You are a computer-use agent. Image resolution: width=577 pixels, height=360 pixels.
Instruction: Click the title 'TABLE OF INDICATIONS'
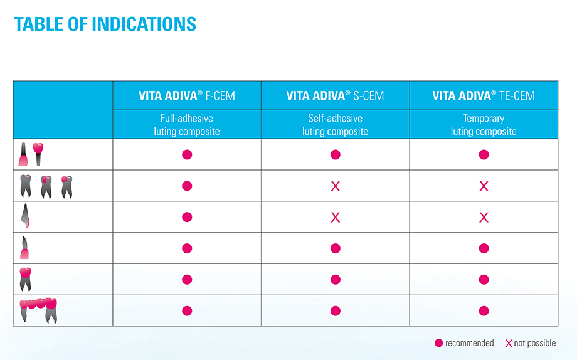[x=105, y=24]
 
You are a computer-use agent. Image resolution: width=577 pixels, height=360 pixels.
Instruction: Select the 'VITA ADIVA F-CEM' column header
[x=187, y=96]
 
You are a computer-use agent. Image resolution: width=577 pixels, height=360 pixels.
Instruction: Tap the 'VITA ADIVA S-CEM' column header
[x=335, y=96]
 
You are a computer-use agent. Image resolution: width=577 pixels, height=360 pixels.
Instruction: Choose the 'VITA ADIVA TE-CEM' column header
[x=484, y=96]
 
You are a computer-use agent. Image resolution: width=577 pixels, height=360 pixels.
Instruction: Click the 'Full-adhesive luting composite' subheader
[x=187, y=125]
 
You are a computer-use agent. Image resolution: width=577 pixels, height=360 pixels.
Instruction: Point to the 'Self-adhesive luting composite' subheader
[x=335, y=125]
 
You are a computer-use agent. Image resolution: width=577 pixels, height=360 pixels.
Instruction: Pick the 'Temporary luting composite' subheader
[x=484, y=125]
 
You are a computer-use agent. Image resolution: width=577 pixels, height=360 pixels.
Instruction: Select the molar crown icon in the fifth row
[x=26, y=279]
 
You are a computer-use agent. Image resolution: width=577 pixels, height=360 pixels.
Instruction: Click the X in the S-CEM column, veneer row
[x=335, y=217]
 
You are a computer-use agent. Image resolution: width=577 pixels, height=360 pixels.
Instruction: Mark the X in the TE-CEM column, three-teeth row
[x=484, y=186]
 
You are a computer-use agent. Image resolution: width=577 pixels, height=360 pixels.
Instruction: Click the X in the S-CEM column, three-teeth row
[x=335, y=186]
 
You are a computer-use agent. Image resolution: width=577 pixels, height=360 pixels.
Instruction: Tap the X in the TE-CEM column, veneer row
[x=484, y=217]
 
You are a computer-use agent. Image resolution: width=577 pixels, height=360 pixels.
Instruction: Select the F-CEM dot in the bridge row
[x=187, y=310]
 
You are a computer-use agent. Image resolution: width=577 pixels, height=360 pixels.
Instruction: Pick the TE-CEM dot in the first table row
[x=484, y=154]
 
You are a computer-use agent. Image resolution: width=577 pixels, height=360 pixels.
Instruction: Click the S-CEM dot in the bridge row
[x=335, y=310]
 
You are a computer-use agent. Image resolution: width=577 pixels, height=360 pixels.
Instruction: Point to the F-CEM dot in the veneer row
[x=187, y=217]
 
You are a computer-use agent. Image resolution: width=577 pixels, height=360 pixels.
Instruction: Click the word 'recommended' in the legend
[x=469, y=343]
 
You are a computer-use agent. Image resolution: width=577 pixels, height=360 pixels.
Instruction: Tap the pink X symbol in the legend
[x=509, y=343]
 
